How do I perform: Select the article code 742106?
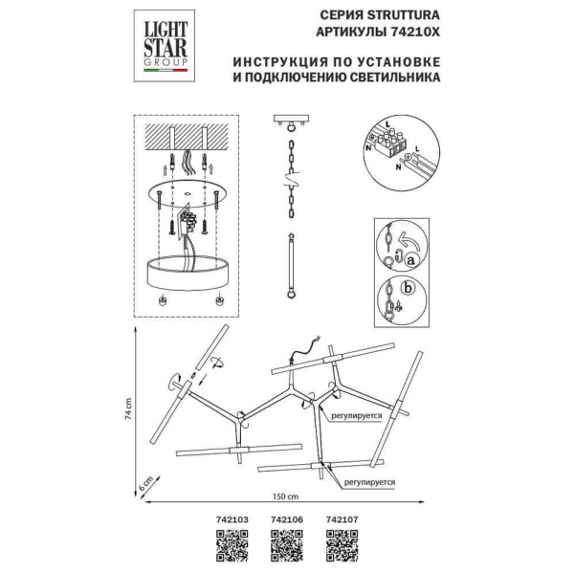(287, 522)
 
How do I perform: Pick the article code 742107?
(342, 522)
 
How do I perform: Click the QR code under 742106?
(287, 549)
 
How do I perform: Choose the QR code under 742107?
(342, 549)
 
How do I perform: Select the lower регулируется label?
(369, 484)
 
